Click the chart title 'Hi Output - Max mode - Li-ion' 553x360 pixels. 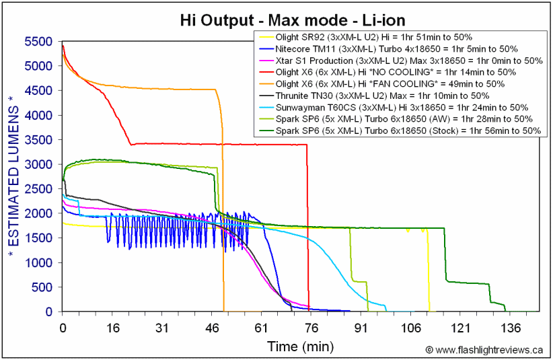coord(293,20)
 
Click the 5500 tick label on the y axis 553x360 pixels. coord(38,42)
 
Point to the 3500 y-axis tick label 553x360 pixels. coord(38,140)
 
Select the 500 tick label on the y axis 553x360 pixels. coord(42,287)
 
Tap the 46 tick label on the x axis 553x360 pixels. coord(212,328)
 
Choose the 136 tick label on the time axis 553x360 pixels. coord(511,328)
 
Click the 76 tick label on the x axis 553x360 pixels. coord(311,328)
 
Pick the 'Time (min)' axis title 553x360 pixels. coord(301,347)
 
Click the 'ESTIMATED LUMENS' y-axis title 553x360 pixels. coord(13,177)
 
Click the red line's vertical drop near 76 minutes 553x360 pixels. coord(308,227)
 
